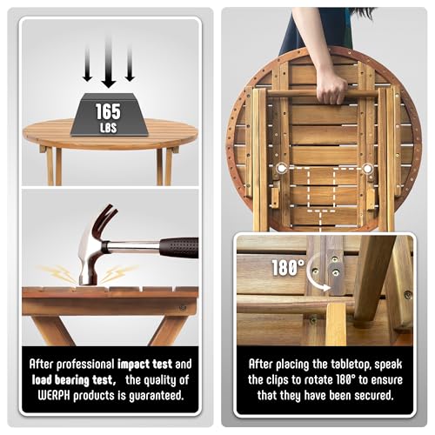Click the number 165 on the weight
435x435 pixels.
point(108,111)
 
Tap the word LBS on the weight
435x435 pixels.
point(109,128)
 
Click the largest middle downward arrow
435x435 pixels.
point(109,62)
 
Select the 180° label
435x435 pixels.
point(288,267)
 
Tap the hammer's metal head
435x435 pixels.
point(90,255)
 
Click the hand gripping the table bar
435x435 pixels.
point(331,87)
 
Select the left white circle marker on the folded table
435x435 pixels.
point(281,168)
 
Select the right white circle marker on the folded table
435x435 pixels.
point(367,168)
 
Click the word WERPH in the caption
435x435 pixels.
point(54,396)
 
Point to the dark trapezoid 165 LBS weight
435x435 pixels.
point(110,114)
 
